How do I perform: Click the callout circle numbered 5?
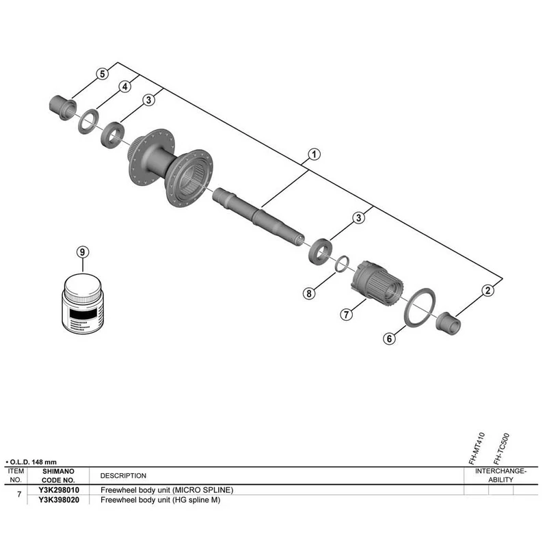[102, 74]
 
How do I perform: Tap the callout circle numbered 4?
[125, 87]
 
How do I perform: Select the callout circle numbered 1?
[314, 155]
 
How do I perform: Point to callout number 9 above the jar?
[82, 252]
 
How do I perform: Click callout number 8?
[309, 293]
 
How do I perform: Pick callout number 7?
[346, 315]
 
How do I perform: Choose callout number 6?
[389, 338]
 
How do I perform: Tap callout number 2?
[488, 290]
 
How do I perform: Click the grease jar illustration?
[83, 304]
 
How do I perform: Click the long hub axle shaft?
[258, 217]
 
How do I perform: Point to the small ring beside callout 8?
[342, 263]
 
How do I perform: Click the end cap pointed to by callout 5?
[63, 107]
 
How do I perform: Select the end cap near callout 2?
[449, 324]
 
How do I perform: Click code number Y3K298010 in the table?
[59, 490]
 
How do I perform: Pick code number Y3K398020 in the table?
[59, 500]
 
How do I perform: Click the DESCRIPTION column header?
[123, 476]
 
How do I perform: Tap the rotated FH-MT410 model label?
[477, 449]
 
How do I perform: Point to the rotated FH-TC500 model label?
[501, 449]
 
